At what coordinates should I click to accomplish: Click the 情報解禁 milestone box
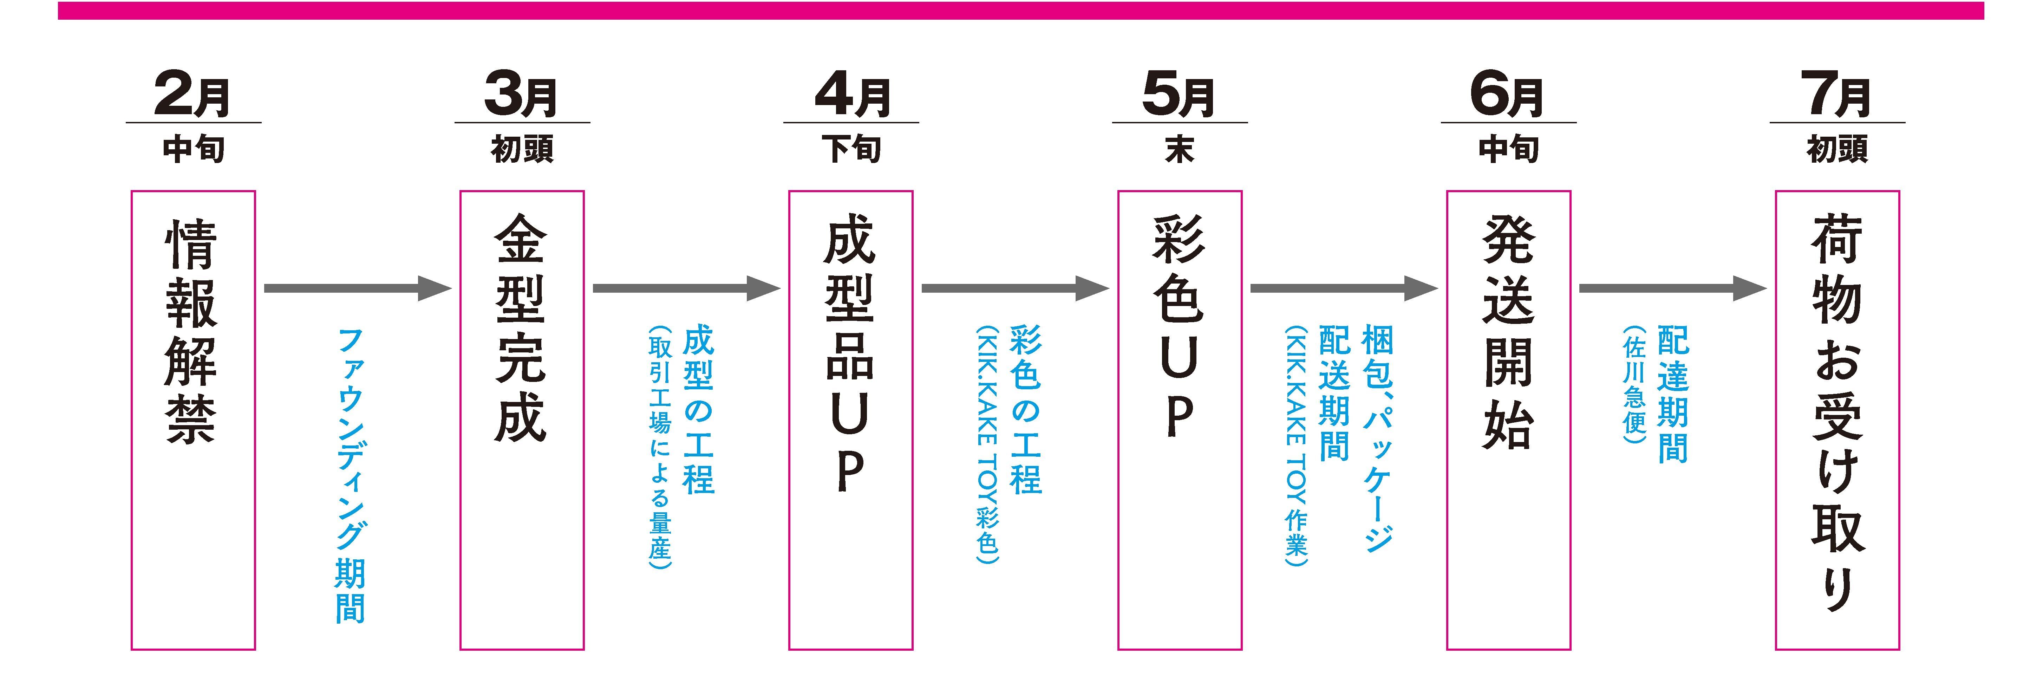pyautogui.click(x=193, y=420)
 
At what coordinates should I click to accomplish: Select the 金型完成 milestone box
pyautogui.click(x=522, y=420)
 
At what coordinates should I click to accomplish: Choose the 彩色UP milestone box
pyautogui.click(x=1179, y=420)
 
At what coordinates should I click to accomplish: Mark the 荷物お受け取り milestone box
pyautogui.click(x=1837, y=420)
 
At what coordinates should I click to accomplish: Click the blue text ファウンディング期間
pyautogui.click(x=350, y=476)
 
